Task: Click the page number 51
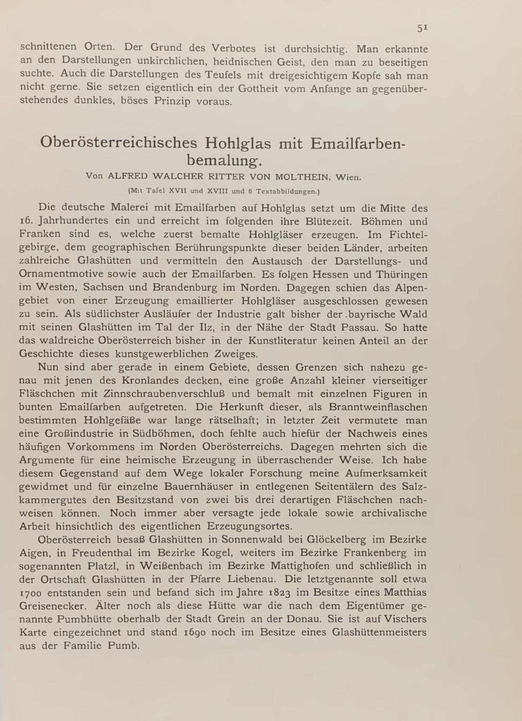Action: (x=422, y=28)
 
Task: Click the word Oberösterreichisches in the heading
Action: (x=119, y=143)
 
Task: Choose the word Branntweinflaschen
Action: (x=378, y=407)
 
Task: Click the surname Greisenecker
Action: (x=53, y=606)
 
